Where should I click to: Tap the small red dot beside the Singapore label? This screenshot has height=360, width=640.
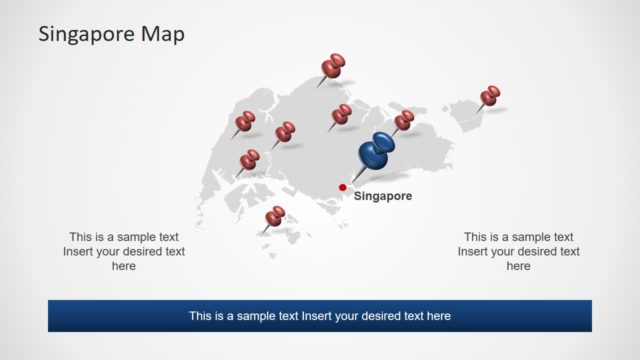(x=343, y=187)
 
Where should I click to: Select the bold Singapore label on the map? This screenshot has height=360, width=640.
(x=383, y=197)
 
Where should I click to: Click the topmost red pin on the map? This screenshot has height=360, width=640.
(x=333, y=68)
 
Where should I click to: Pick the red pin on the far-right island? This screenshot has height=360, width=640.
(x=490, y=96)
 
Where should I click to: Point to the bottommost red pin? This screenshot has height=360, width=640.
(x=274, y=217)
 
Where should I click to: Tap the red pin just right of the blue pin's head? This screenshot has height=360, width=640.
(x=404, y=121)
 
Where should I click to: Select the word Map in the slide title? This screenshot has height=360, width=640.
(x=163, y=34)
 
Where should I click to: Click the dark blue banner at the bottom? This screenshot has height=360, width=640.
(x=319, y=316)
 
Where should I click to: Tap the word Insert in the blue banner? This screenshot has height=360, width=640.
(x=316, y=316)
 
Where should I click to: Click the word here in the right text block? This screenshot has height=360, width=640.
(x=518, y=267)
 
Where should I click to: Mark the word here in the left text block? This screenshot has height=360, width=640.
(x=124, y=267)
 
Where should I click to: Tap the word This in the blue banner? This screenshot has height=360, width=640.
(x=201, y=316)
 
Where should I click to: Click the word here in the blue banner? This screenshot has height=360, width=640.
(x=438, y=316)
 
